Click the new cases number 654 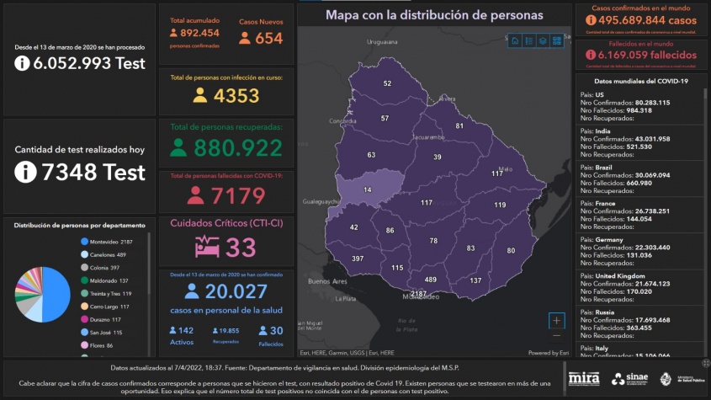point(269,38)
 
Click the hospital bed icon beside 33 point(208,247)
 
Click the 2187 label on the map point(419,294)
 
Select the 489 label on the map point(430,280)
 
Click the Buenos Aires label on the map point(328,280)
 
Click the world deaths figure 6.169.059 point(648,55)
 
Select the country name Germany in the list point(612,240)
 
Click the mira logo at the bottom point(584,378)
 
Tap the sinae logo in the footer point(629,379)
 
